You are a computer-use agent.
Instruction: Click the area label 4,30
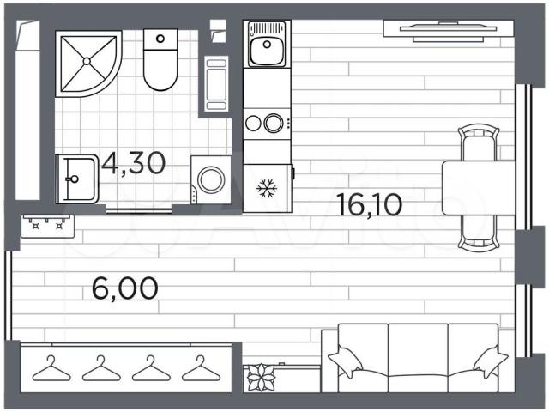tap(134, 163)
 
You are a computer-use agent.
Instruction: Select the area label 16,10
tap(370, 204)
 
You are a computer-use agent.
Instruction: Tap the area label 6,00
tap(125, 288)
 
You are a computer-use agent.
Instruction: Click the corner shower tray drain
tap(87, 61)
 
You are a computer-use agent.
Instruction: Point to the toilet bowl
tap(160, 70)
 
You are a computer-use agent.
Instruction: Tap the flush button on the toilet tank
tap(160, 39)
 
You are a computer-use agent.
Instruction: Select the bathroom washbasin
tap(76, 179)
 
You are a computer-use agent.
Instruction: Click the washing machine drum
tap(211, 179)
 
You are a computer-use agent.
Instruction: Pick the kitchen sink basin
tap(267, 51)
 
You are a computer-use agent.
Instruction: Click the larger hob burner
tap(274, 124)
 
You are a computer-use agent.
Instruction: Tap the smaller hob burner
tap(253, 124)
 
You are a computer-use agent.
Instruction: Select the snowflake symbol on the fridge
tap(267, 188)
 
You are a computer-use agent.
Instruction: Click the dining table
tap(479, 188)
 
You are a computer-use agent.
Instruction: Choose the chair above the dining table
tap(479, 142)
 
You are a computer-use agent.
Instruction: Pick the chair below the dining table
tap(479, 233)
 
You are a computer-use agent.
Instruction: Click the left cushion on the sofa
tap(346, 361)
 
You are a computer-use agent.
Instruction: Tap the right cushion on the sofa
tap(491, 361)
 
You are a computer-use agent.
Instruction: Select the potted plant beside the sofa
tap(262, 378)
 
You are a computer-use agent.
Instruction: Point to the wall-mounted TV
tap(448, 29)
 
